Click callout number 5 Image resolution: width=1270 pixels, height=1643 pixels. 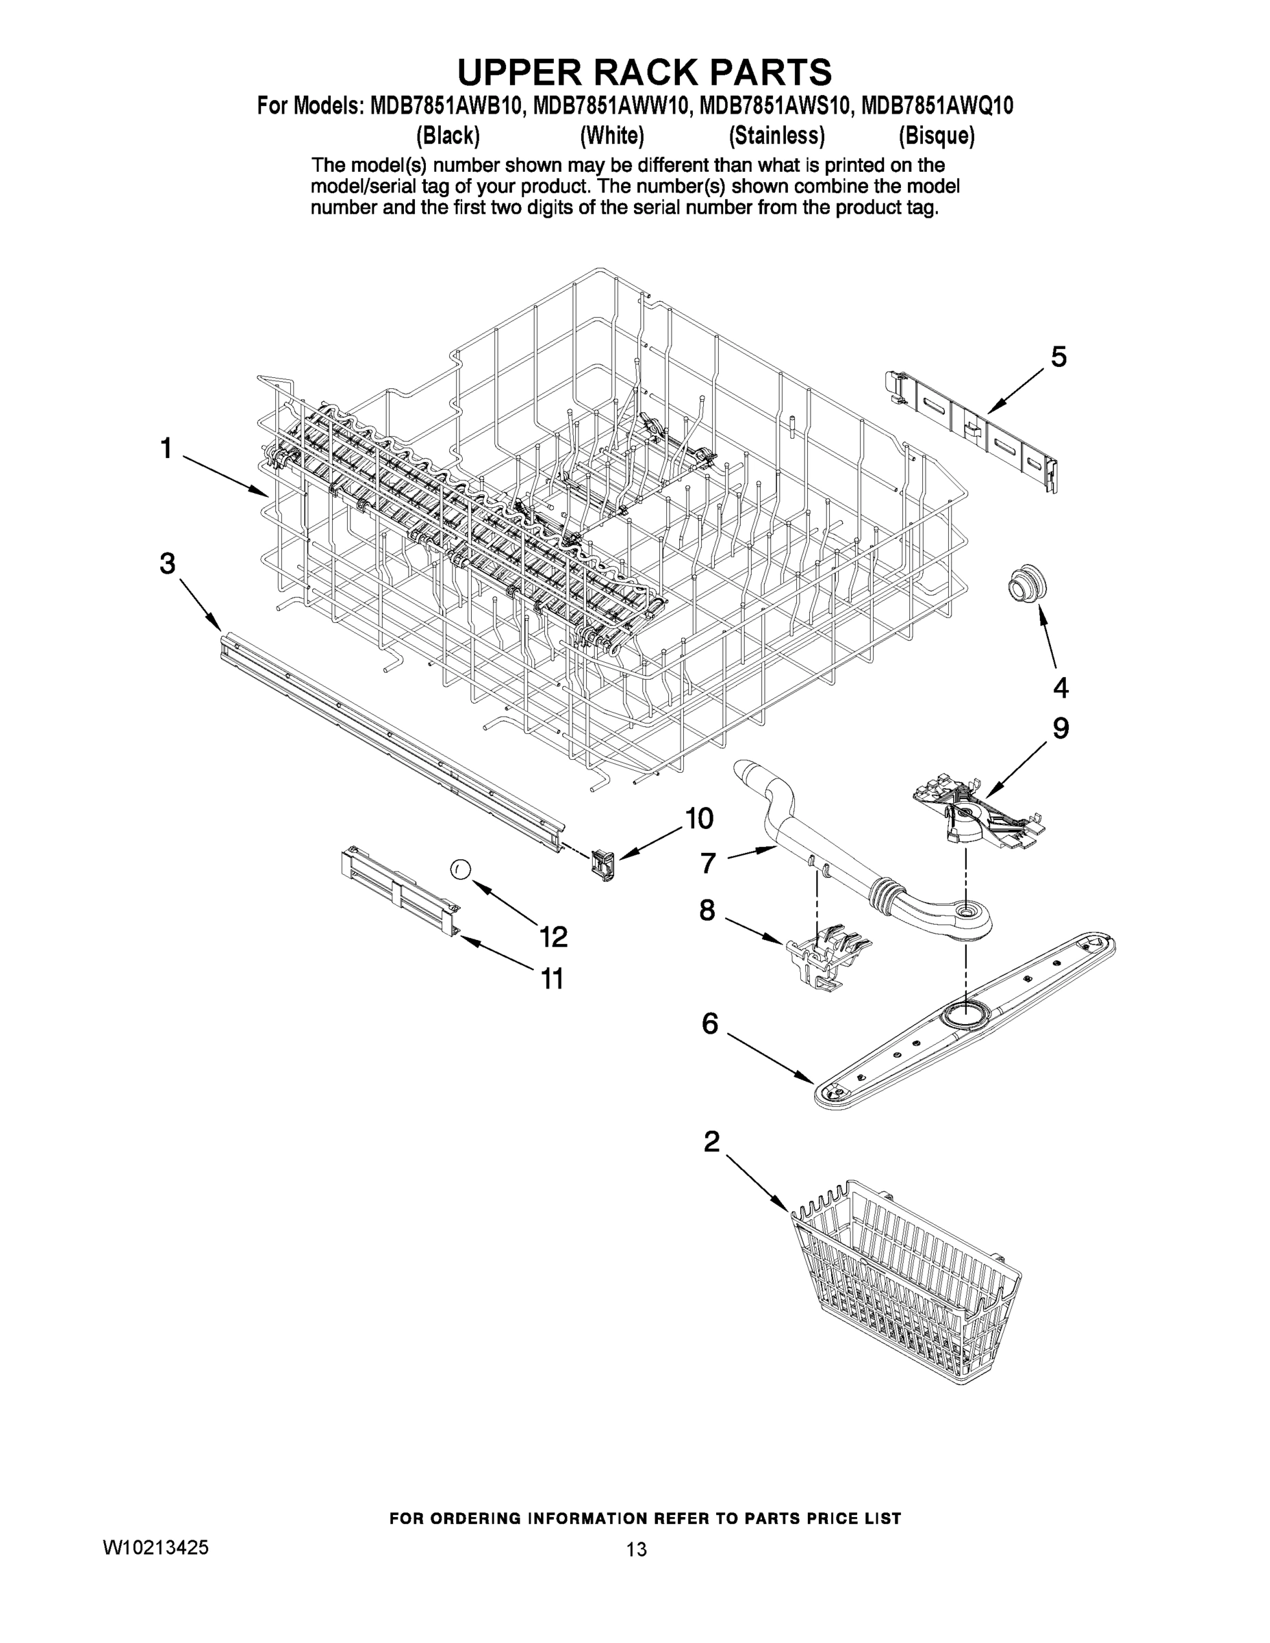pyautogui.click(x=1058, y=357)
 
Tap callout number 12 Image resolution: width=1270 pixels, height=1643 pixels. pyautogui.click(x=553, y=936)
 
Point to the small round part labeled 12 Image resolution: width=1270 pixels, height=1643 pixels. pyautogui.click(x=461, y=869)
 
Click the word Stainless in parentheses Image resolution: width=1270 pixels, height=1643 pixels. pyautogui.click(x=776, y=136)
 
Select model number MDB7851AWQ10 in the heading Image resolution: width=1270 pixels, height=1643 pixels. pyautogui.click(x=936, y=106)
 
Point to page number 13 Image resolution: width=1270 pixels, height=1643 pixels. pyautogui.click(x=636, y=1549)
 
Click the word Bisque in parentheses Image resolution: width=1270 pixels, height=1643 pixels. pyautogui.click(x=936, y=136)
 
